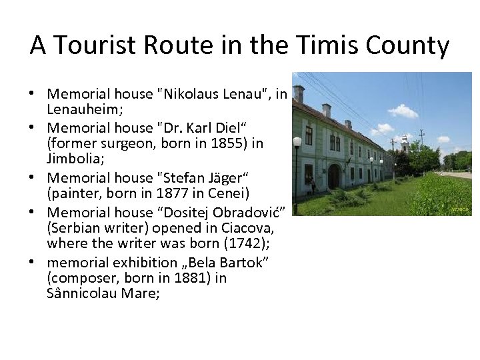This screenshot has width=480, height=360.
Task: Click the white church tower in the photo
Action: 405,143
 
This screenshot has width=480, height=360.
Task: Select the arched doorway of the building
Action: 333,176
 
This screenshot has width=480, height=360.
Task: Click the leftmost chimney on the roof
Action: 299,93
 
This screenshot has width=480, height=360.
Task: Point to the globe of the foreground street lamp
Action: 297,142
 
